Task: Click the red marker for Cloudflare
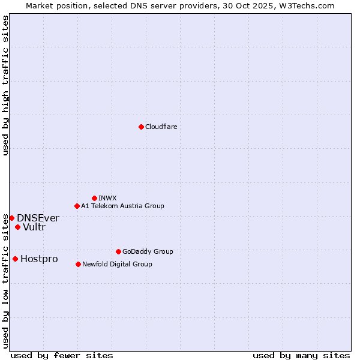point(141,127)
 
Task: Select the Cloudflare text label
point(161,127)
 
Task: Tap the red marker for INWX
point(94,198)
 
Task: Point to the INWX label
point(108,198)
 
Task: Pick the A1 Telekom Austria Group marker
point(77,206)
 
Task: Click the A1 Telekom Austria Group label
point(122,206)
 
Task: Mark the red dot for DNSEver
point(11,218)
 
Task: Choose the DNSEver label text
point(38,218)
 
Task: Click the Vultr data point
point(17,227)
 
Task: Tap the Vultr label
point(34,227)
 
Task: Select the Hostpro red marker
point(15,259)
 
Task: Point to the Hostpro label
point(39,259)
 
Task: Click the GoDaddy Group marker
point(118,251)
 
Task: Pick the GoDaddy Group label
point(148,251)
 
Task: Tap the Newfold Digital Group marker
point(78,264)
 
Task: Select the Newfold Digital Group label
point(117,264)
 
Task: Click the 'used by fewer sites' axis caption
point(62,355)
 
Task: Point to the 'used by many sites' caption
point(301,355)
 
